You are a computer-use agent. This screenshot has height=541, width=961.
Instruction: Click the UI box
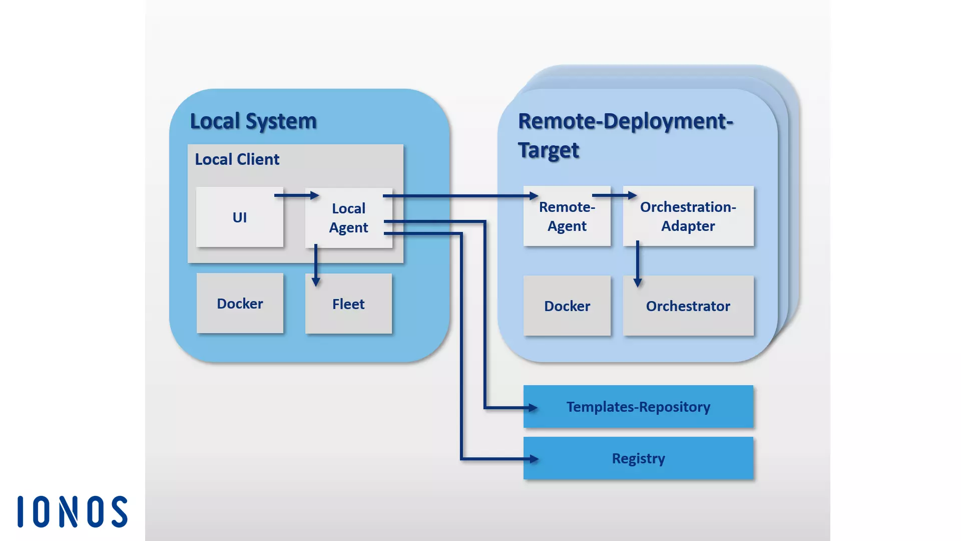click(239, 217)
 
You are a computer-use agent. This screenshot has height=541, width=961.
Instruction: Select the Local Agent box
click(348, 218)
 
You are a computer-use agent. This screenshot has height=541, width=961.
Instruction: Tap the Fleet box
click(348, 304)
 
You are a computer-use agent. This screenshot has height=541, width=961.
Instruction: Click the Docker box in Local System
click(240, 304)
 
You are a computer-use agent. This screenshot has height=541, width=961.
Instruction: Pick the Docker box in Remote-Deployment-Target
click(567, 306)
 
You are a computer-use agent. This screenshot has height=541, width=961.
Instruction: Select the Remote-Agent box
click(567, 216)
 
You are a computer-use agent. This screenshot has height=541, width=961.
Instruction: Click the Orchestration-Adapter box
click(688, 216)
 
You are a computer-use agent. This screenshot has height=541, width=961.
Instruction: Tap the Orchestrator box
click(688, 306)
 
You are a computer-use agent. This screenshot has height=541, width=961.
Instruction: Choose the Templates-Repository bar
click(638, 407)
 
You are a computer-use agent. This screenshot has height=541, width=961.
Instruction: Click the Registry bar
click(638, 458)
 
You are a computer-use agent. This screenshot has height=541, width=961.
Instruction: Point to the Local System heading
click(253, 121)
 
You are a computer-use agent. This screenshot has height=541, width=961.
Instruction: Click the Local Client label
click(237, 159)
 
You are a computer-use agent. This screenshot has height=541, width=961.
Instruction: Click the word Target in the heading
click(548, 150)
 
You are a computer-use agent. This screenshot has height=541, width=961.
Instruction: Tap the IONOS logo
click(73, 512)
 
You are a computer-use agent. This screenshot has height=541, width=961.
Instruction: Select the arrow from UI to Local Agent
click(296, 195)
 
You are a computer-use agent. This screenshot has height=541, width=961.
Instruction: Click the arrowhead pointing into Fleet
click(316, 282)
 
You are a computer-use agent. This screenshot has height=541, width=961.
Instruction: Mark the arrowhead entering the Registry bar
click(534, 458)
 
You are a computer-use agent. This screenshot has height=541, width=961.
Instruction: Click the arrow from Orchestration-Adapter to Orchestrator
click(637, 263)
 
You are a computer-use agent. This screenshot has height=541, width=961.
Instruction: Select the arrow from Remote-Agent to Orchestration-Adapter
click(614, 195)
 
